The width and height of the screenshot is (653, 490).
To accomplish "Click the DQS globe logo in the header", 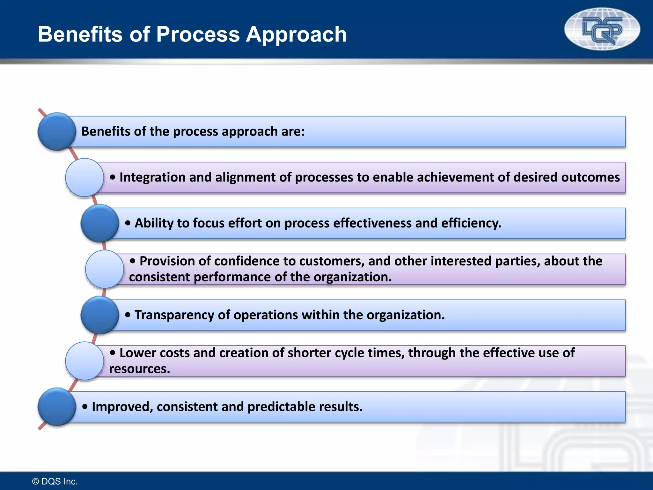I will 602,29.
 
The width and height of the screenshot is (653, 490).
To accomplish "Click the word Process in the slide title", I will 198,34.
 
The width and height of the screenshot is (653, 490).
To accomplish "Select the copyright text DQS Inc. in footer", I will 55,481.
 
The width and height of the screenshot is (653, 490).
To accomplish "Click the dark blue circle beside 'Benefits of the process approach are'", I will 57,131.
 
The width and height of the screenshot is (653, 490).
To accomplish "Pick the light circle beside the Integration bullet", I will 84,177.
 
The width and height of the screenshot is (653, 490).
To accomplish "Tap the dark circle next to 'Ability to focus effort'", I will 100,223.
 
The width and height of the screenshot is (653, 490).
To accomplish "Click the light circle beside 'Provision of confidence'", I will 105,269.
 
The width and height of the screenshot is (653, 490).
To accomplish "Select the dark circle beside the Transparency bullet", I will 100,315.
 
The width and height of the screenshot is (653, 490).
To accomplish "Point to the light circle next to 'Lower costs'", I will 84,361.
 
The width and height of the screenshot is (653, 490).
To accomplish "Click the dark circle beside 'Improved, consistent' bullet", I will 57,407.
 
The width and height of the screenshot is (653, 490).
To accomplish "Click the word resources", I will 140,369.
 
